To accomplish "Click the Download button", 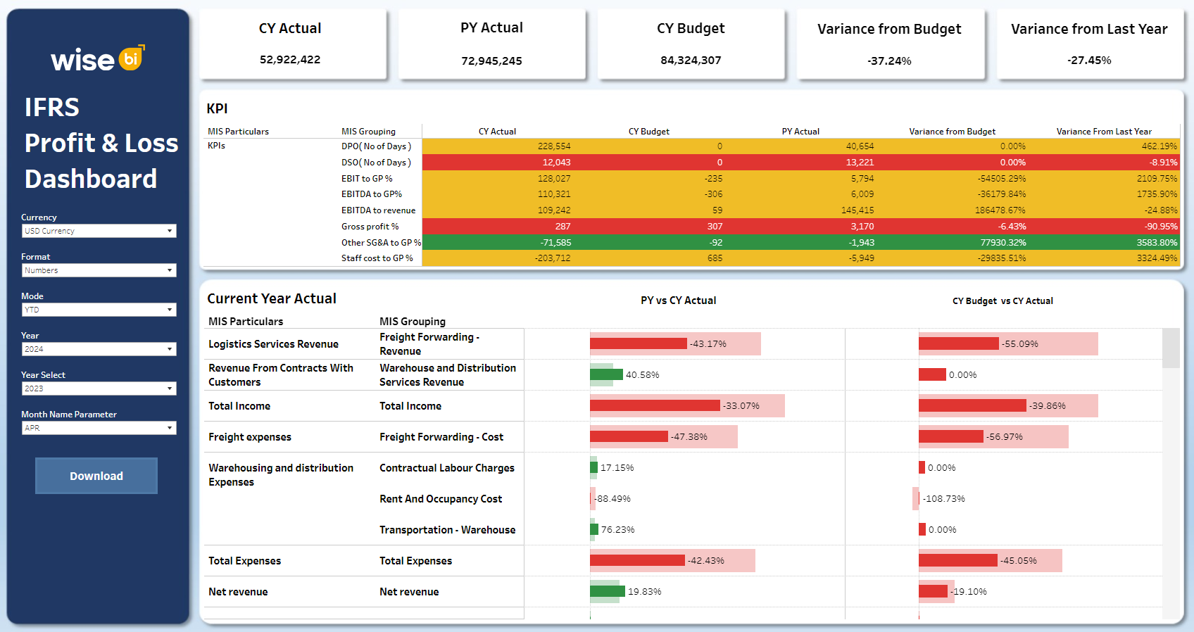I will [96, 476].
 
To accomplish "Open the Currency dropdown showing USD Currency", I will [99, 231].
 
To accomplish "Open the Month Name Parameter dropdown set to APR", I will [99, 428].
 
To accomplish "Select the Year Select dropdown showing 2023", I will [99, 388].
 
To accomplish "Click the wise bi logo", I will [97, 59].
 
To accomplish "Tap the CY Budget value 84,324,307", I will [691, 61].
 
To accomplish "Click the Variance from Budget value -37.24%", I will [889, 61].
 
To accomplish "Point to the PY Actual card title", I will [491, 28].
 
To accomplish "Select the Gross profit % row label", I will [370, 227].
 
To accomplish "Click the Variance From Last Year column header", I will [1103, 132].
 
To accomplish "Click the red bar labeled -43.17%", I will [638, 343].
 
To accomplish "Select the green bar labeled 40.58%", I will [606, 374].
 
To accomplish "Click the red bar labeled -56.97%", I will [950, 436].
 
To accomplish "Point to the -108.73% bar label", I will [944, 499].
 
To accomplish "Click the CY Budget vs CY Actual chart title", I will [1003, 301].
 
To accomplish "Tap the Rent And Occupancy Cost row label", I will [441, 499].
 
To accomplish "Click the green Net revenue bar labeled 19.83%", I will [607, 591].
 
